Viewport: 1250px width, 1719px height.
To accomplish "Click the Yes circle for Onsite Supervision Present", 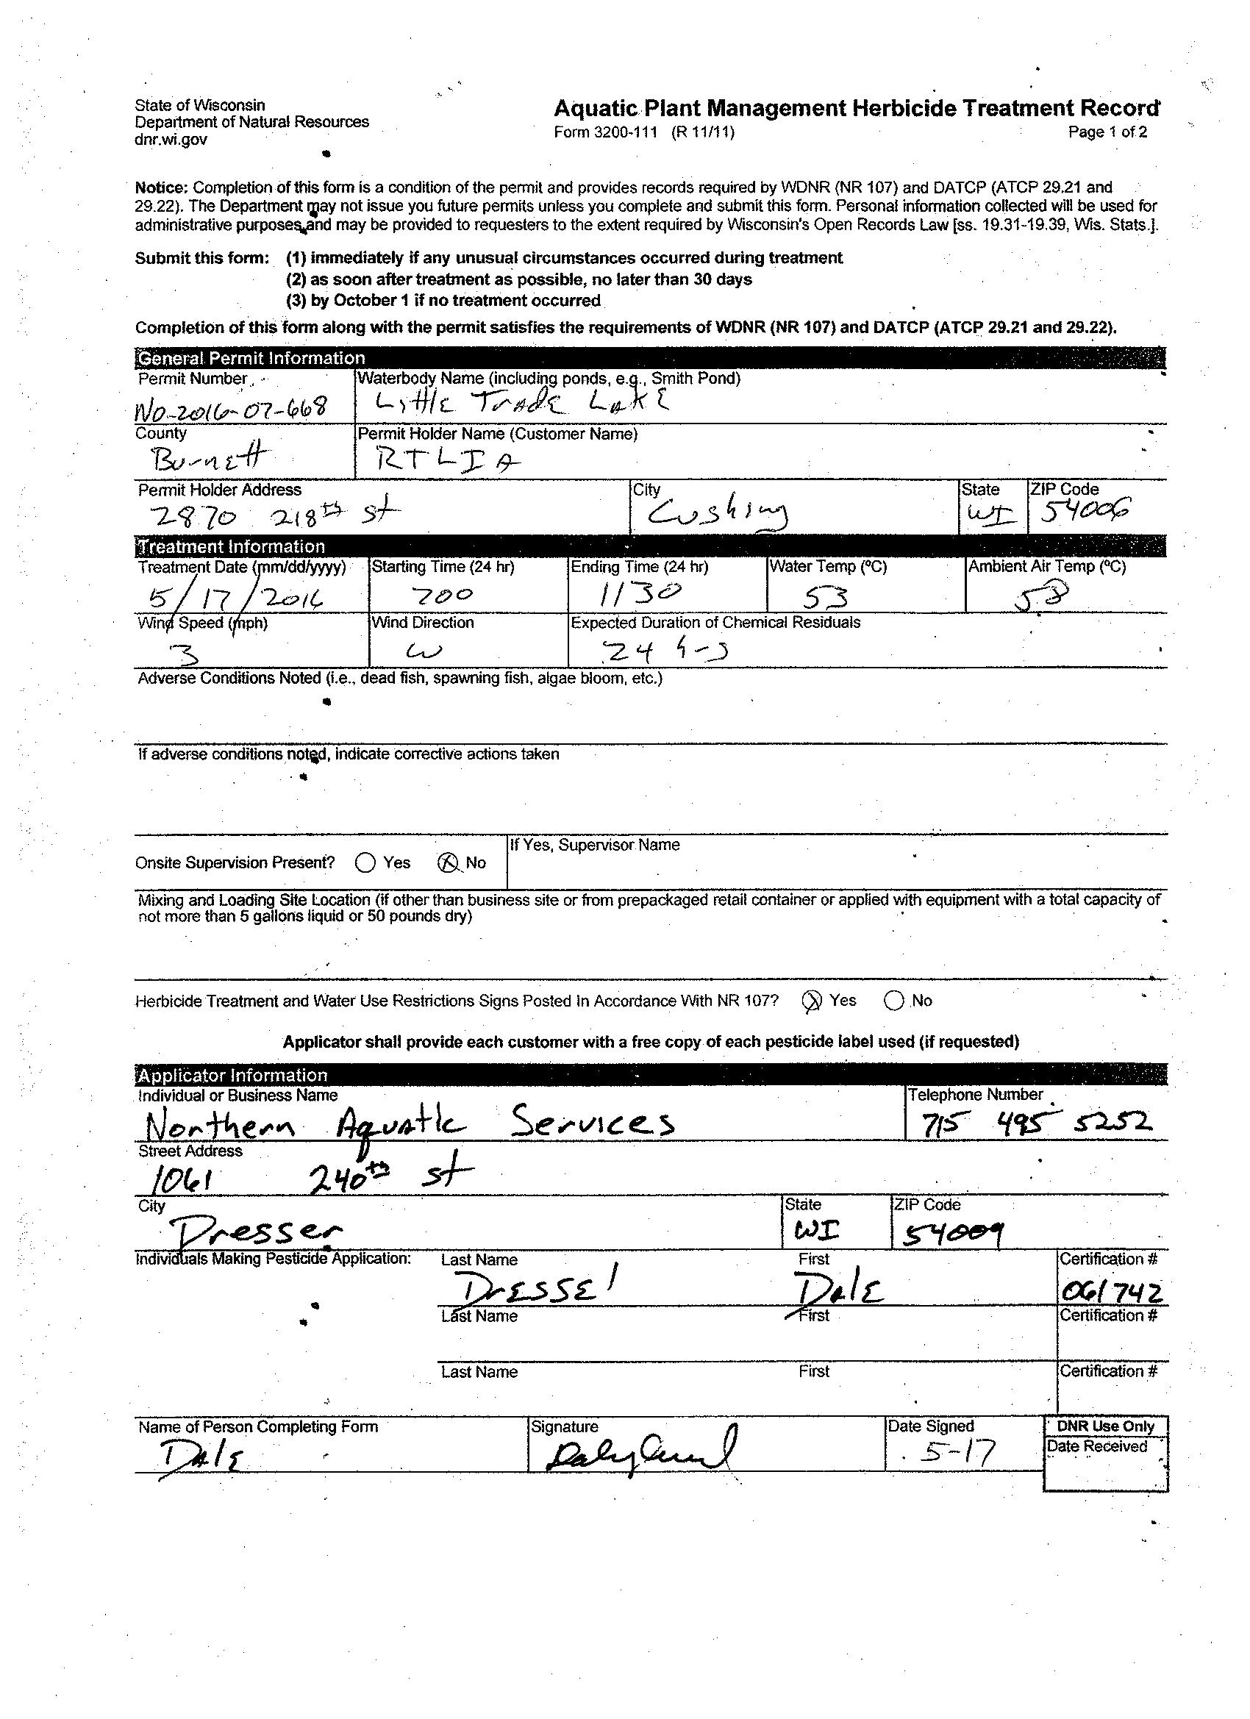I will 365,862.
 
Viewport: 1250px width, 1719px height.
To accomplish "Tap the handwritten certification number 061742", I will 1111,1291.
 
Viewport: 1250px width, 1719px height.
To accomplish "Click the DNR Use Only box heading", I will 1105,1426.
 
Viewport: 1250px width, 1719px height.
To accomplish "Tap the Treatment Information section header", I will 231,546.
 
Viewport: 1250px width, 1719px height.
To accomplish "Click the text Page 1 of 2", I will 1107,132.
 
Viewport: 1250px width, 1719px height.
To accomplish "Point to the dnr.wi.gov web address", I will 171,140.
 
